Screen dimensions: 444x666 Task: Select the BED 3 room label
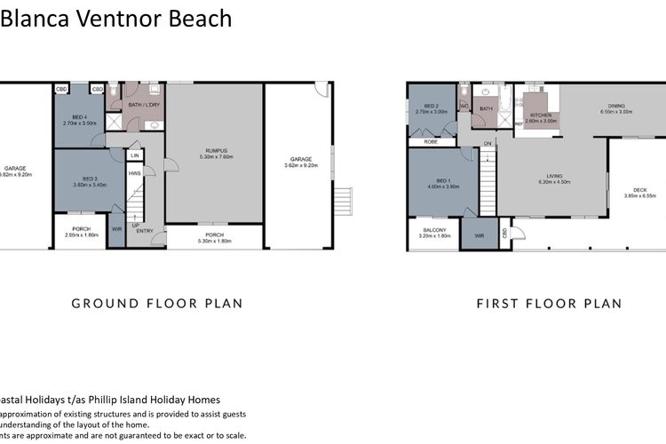coord(80,180)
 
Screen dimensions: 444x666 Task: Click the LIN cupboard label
coord(135,155)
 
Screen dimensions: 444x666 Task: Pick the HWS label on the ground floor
coord(135,173)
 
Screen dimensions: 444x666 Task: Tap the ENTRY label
coord(144,231)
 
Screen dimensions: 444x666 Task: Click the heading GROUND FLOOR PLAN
coord(156,304)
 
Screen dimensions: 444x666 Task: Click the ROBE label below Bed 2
coord(430,141)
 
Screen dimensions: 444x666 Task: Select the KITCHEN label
coord(542,115)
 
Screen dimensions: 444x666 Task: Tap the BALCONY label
coord(433,231)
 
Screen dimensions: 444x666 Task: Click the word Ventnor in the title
coord(105,18)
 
